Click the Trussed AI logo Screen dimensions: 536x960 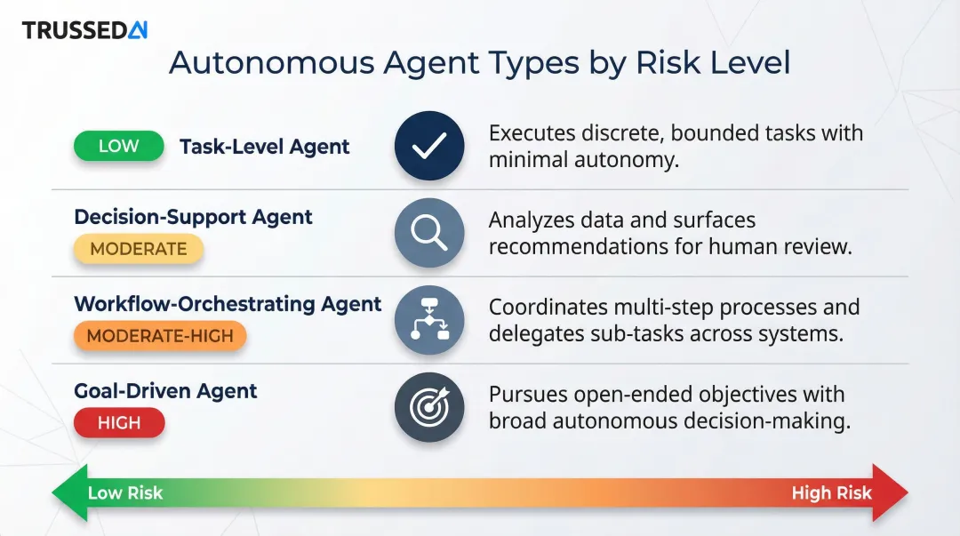(x=84, y=30)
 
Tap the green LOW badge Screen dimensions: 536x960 (x=118, y=147)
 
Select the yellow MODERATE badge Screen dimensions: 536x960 (x=139, y=250)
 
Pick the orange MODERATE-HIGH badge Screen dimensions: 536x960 (x=160, y=336)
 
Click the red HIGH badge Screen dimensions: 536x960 (x=119, y=423)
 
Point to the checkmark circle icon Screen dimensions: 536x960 (x=429, y=147)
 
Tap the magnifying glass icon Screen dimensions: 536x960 (x=429, y=233)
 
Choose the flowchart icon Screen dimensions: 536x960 (x=429, y=320)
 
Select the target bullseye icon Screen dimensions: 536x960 (x=429, y=407)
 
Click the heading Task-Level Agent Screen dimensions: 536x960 (x=264, y=147)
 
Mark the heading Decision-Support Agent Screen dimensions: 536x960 (x=193, y=217)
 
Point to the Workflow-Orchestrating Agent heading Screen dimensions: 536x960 (x=228, y=304)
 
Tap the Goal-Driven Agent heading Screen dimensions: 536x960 (x=165, y=391)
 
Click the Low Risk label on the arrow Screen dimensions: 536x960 (x=125, y=492)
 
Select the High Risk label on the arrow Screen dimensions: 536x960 (x=831, y=492)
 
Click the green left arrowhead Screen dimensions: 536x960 (x=68, y=492)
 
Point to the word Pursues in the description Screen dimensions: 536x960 (x=528, y=394)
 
